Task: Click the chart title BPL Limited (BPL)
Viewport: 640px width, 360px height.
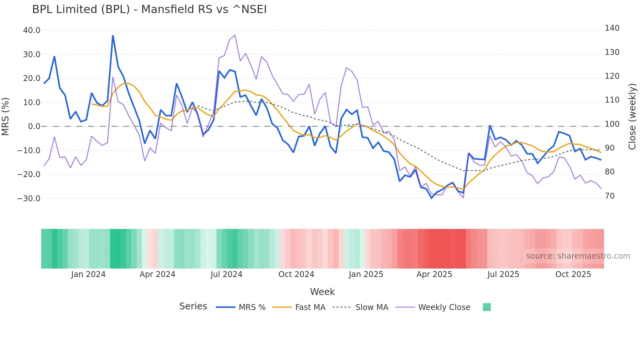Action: [149, 9]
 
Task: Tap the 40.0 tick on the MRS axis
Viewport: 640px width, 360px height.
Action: [32, 30]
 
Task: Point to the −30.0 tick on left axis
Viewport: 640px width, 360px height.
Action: [29, 199]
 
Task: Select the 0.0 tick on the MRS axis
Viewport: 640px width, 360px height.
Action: [34, 126]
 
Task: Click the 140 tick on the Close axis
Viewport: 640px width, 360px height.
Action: [612, 28]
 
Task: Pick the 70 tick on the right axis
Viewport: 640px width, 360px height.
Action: [610, 196]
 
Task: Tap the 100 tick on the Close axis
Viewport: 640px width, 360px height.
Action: [612, 124]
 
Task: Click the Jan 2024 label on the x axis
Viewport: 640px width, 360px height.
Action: [88, 274]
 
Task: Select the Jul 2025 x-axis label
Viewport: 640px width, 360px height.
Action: [503, 274]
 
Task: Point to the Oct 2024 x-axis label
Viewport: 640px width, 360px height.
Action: [296, 274]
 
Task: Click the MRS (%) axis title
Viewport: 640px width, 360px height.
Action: [6, 116]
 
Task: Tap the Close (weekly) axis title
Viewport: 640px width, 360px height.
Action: [632, 117]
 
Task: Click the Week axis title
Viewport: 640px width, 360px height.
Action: [322, 292]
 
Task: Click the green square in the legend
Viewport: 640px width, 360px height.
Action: [487, 307]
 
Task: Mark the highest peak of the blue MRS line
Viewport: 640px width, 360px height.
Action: [113, 36]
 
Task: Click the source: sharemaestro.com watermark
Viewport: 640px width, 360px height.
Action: [578, 256]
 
